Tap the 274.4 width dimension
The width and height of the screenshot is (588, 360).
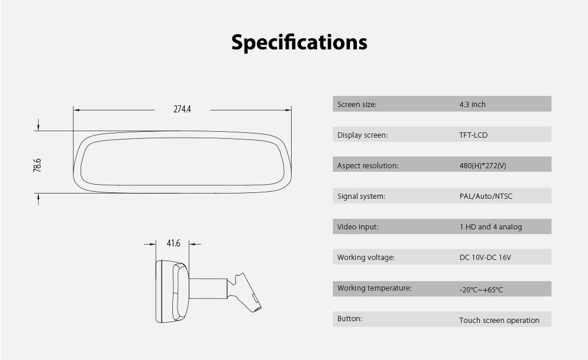pos(182,109)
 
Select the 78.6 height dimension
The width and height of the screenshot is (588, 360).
pos(37,165)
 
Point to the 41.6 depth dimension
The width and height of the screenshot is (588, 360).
pos(173,244)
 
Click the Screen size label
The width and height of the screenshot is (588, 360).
pos(357,105)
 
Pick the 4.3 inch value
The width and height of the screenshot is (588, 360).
pos(473,105)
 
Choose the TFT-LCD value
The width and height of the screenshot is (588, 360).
pos(473,135)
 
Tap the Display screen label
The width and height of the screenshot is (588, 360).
pos(363,135)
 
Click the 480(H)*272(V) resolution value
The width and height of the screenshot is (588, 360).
pos(483,166)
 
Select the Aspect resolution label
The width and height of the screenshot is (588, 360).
pos(368,166)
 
